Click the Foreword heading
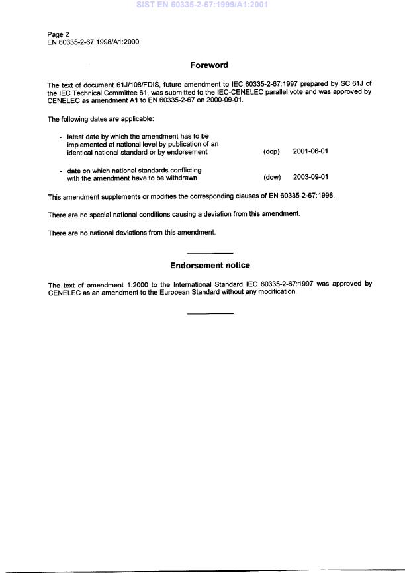[209, 65]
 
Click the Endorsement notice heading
[210, 266]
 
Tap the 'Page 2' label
[58, 34]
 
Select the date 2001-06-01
[310, 152]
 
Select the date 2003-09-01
[310, 178]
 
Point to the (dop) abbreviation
[271, 152]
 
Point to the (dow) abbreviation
[272, 178]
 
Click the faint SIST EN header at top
[202, 5]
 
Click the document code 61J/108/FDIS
[120, 85]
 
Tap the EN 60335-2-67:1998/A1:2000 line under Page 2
[93, 42]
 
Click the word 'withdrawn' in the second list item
[179, 178]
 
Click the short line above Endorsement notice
[210, 253]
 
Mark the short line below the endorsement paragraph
[210, 313]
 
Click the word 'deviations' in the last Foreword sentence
[140, 233]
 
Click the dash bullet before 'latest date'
[61, 137]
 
